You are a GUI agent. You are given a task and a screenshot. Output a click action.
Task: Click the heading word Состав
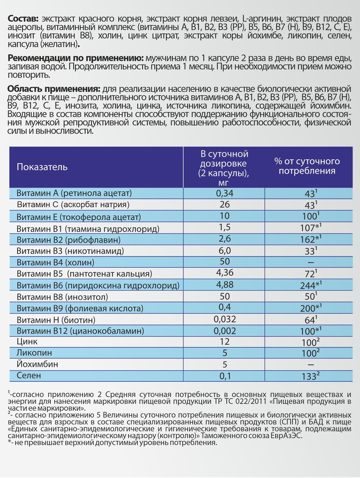click(x=23, y=19)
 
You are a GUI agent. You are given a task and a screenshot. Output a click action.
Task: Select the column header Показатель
click(x=42, y=167)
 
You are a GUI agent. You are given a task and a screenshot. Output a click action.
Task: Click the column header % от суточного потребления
click(x=307, y=166)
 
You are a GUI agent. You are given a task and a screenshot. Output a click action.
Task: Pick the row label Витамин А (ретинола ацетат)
click(x=74, y=193)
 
